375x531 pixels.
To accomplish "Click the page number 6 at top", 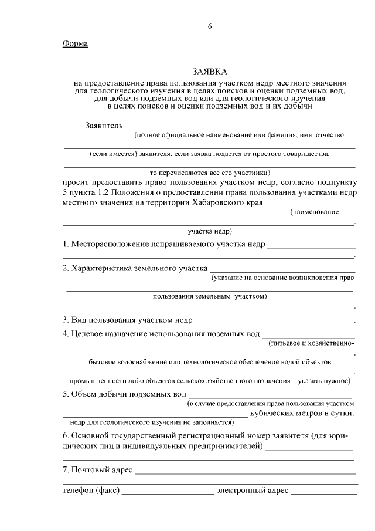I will [209, 26].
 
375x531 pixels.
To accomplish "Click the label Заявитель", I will [104, 125].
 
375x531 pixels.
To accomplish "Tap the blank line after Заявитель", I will [240, 126].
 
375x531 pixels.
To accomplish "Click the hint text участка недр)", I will [209, 231].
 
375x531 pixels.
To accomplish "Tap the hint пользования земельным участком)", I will [209, 297].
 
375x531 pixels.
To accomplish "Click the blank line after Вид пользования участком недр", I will [274, 320].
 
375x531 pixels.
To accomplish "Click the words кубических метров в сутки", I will [302, 413].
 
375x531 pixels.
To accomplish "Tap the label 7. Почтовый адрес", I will [98, 471].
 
